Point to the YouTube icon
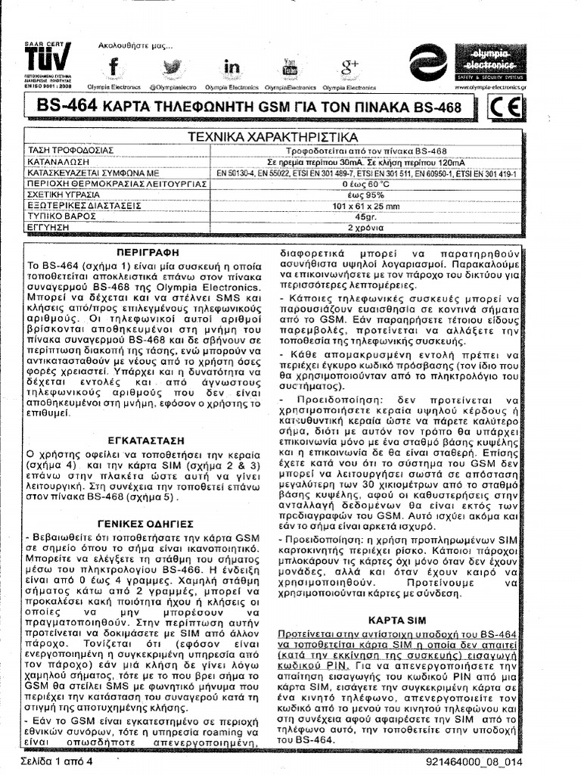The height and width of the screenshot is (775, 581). [x=290, y=67]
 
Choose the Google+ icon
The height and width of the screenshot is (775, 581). [x=350, y=67]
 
